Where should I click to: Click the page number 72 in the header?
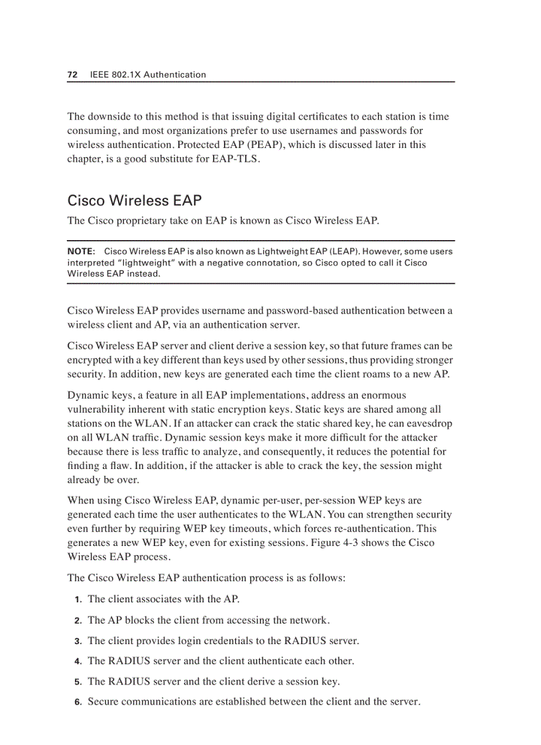[73, 75]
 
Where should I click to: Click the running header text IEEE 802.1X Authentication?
[148, 75]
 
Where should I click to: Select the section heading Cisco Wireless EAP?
[135, 200]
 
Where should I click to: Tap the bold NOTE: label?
[82, 252]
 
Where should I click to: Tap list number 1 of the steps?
[78, 600]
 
